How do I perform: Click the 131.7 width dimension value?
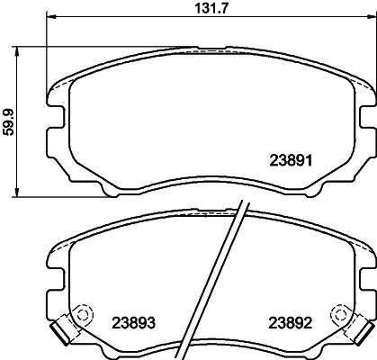[212, 8]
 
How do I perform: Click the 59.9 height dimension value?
[8, 122]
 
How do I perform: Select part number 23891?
[292, 160]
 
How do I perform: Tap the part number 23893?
[134, 323]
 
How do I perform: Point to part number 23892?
[291, 323]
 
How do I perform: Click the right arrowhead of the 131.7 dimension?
[371, 16]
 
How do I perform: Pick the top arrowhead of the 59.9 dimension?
[17, 52]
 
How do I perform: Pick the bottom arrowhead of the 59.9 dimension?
[17, 192]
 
